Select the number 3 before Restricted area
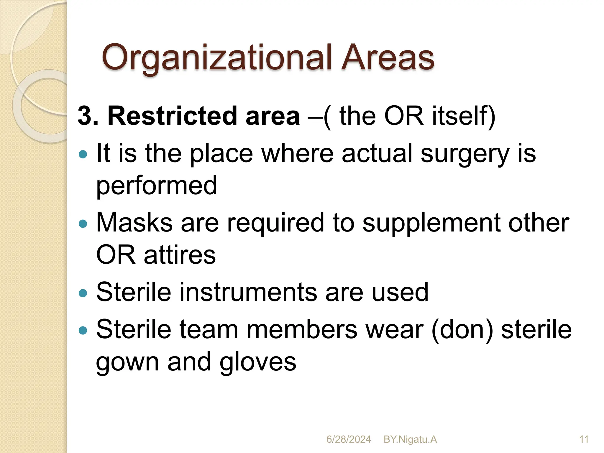(x=84, y=116)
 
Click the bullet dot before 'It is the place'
(x=83, y=154)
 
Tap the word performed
(x=157, y=186)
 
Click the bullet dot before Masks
(x=83, y=224)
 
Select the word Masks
(x=134, y=223)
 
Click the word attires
(x=180, y=255)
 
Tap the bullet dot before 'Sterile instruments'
(x=83, y=293)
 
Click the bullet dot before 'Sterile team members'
(x=83, y=330)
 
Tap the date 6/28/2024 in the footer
(x=348, y=439)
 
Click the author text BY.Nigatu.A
(x=410, y=439)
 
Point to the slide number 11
(x=584, y=439)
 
